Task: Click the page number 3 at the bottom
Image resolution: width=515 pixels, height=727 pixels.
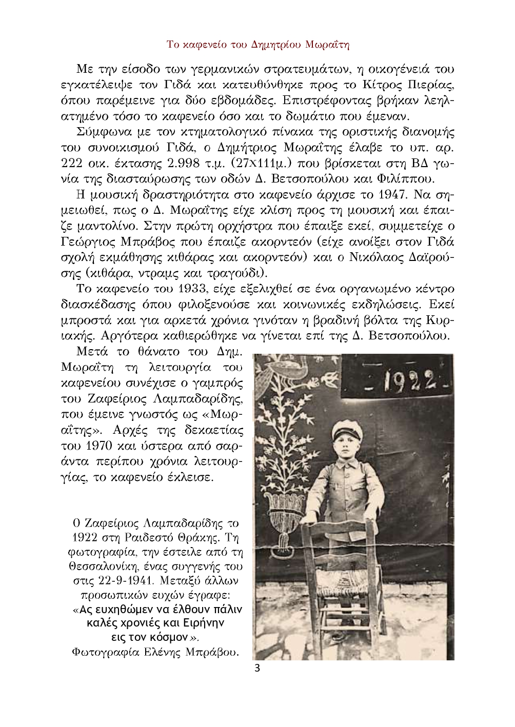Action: click(x=257, y=668)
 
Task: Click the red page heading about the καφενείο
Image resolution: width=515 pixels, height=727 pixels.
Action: click(x=257, y=45)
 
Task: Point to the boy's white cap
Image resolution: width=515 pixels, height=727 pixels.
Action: click(x=348, y=429)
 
